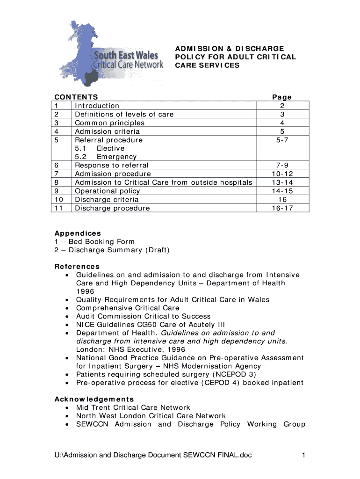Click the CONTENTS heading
point(77,97)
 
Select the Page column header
point(282,97)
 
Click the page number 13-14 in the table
point(282,182)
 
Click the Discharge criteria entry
point(107,199)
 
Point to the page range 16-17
point(282,208)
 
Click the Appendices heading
point(78,233)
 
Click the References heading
point(77,266)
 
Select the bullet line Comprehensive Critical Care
point(128,308)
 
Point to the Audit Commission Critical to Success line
point(143,316)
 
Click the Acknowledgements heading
point(94,399)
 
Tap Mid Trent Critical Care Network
point(133,407)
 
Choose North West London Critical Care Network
point(151,416)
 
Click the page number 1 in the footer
point(303,455)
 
